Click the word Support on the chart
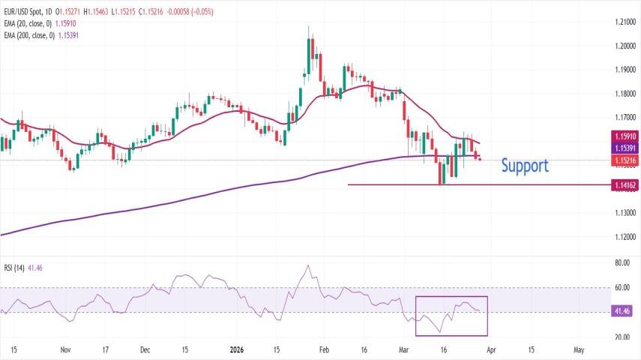[x=525, y=165]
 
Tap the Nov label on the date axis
[x=65, y=349]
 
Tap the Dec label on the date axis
[x=145, y=349]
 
